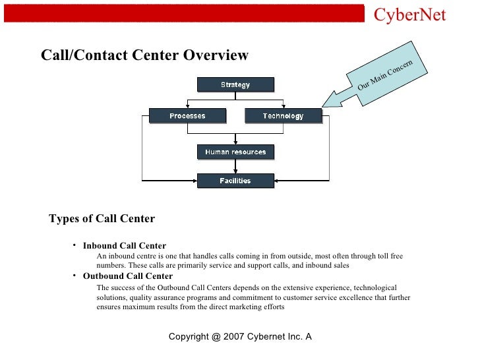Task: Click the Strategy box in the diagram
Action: [235, 84]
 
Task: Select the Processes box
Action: [187, 116]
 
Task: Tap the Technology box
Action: [283, 116]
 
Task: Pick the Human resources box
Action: [235, 152]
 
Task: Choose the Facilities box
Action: [235, 181]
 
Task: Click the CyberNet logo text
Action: [409, 15]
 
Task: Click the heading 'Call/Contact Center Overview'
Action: [145, 55]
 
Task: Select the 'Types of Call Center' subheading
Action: [102, 219]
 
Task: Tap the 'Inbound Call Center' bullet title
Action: [124, 246]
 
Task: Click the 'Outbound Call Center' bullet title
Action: [128, 276]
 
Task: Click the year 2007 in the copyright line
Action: [236, 337]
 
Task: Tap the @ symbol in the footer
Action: [217, 337]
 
